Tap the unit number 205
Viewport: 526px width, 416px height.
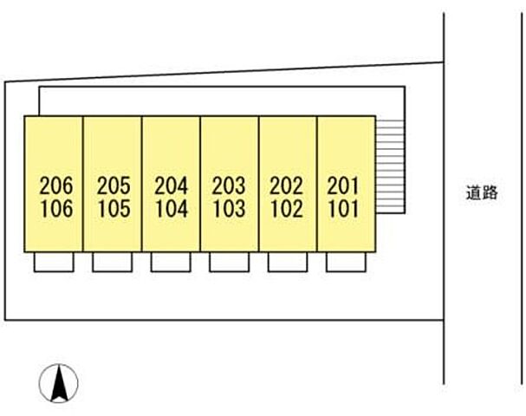click(x=114, y=185)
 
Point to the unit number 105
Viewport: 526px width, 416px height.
click(x=114, y=208)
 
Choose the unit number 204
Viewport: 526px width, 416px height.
click(x=172, y=185)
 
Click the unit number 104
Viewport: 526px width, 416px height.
click(x=172, y=208)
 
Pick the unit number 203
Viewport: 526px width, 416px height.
click(x=230, y=185)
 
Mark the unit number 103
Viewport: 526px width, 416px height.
click(x=230, y=208)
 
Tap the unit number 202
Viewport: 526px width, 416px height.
click(x=287, y=185)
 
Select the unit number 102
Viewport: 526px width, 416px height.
click(x=287, y=208)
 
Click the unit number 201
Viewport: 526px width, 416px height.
click(x=345, y=185)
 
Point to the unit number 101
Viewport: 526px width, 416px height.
click(x=345, y=208)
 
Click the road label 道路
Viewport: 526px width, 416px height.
click(x=481, y=194)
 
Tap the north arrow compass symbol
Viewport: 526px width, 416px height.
click(x=59, y=382)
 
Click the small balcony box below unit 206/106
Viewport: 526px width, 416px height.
click(x=54, y=263)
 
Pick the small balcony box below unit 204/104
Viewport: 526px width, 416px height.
click(x=171, y=263)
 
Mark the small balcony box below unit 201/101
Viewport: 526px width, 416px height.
click(x=346, y=263)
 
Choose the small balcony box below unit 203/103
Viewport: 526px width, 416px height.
click(x=229, y=263)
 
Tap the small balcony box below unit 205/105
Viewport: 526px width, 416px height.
click(x=112, y=263)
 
